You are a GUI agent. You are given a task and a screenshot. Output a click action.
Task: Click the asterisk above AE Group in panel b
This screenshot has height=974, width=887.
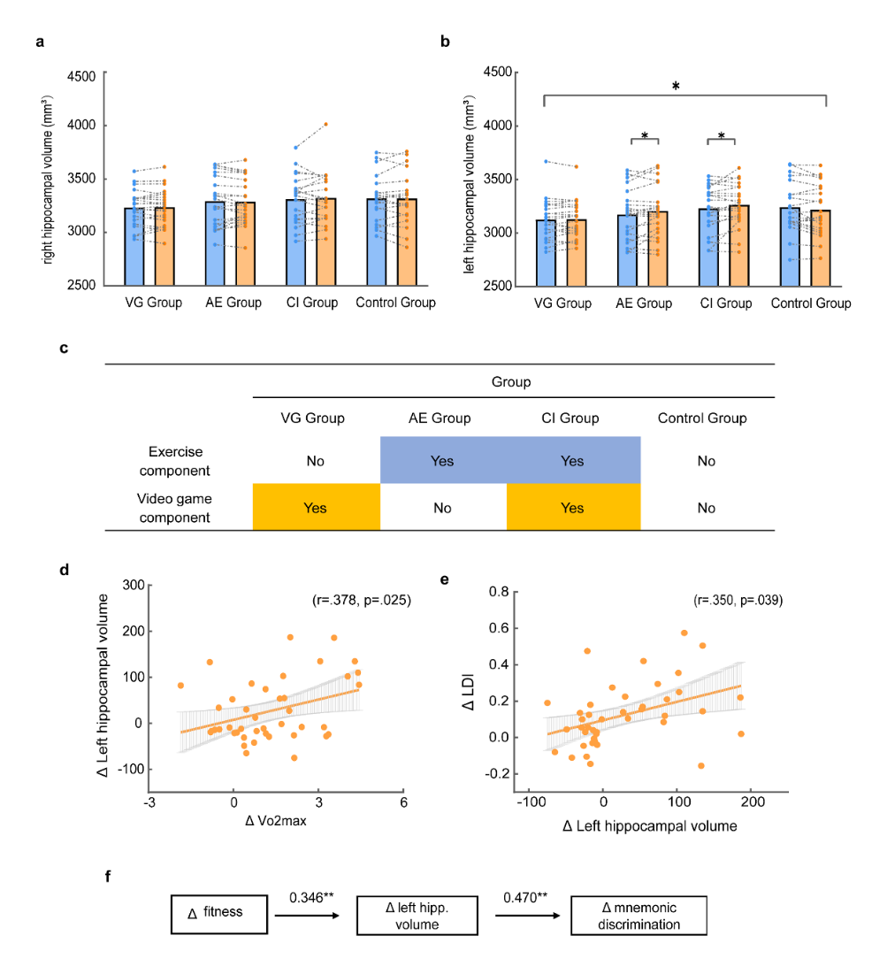(x=645, y=135)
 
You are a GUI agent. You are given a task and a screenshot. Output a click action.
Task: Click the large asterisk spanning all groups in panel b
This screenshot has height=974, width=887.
(x=676, y=86)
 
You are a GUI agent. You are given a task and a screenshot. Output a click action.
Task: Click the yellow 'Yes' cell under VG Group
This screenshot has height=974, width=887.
(x=316, y=508)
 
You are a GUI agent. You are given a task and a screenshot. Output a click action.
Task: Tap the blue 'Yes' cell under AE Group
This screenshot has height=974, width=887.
(x=442, y=461)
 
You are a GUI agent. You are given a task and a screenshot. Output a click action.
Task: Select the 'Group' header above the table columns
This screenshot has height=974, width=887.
(x=512, y=382)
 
